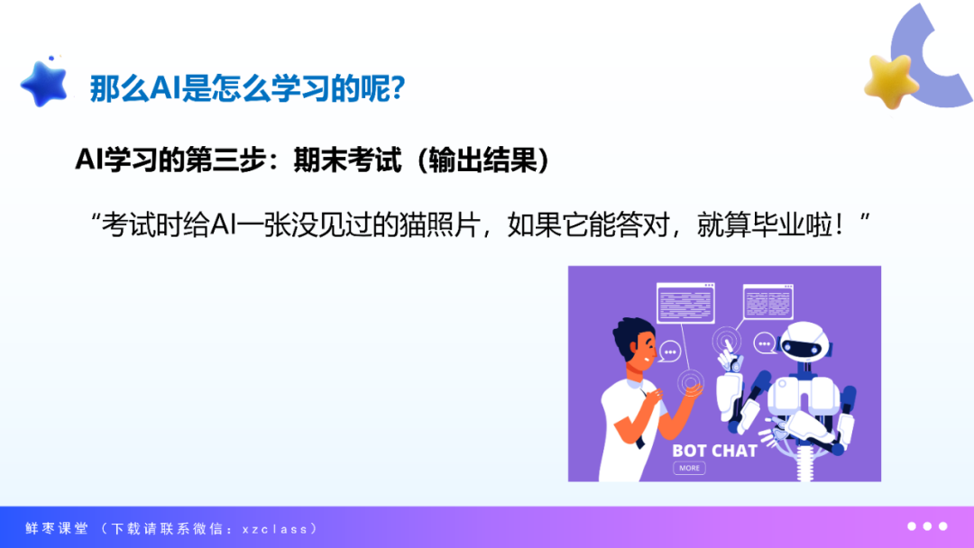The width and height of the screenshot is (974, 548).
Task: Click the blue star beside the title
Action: (x=44, y=85)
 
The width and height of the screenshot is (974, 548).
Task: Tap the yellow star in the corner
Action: (x=891, y=82)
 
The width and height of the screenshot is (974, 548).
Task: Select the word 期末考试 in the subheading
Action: (x=347, y=160)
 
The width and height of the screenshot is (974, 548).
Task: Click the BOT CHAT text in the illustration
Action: (x=714, y=451)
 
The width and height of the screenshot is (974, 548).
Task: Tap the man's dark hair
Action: (x=630, y=335)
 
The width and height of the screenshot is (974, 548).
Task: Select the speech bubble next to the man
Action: (x=669, y=352)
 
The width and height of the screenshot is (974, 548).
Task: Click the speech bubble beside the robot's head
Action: (x=765, y=343)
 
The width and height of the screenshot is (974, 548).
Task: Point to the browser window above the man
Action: (x=685, y=304)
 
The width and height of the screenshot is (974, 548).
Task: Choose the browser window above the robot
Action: (x=768, y=302)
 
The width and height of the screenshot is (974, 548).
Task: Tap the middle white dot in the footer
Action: (x=927, y=526)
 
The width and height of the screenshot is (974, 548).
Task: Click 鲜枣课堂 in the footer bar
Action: (x=57, y=529)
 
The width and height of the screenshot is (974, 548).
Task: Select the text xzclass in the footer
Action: (x=275, y=529)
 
